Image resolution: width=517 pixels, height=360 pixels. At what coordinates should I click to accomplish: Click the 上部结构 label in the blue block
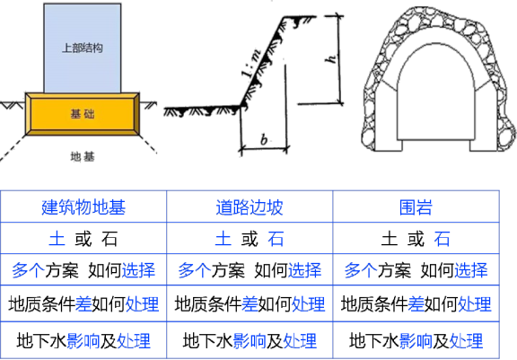coord(83,48)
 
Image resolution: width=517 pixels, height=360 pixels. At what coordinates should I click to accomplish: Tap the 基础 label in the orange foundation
coord(83,114)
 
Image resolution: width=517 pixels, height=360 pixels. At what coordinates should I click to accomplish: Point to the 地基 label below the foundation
coord(83,156)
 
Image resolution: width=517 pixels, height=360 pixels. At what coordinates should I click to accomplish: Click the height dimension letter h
coord(330,59)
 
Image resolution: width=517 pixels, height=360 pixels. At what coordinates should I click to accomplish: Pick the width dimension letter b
coord(264,139)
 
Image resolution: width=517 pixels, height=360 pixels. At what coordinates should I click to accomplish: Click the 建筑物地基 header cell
coord(83,207)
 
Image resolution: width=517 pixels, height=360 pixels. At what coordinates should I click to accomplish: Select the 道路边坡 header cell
coord(250,207)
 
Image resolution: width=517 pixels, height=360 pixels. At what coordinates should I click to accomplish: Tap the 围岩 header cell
coord(416,207)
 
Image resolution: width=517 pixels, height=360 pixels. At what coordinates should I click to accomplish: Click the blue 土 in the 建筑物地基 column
coord(57,239)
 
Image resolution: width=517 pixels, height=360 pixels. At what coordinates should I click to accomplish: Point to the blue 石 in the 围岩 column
coord(442,239)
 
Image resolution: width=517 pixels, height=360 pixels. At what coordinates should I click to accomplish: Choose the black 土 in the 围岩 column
coord(389,239)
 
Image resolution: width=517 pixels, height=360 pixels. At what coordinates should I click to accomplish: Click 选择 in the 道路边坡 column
coord(305,270)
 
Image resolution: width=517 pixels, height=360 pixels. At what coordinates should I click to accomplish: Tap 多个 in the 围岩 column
coord(361,270)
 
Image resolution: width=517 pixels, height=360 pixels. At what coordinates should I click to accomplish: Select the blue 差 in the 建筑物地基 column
coord(83,304)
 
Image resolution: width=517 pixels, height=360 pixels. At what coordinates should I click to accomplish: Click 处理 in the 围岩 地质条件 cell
coord(475,304)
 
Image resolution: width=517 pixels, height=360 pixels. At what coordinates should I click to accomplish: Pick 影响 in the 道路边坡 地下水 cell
coord(250,341)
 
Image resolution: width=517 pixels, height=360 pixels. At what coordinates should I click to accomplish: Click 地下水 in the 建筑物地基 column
coord(42,341)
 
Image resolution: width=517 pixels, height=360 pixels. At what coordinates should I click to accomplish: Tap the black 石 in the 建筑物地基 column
coord(110,239)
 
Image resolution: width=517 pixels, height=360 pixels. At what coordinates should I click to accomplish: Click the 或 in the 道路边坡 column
coord(250,239)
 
